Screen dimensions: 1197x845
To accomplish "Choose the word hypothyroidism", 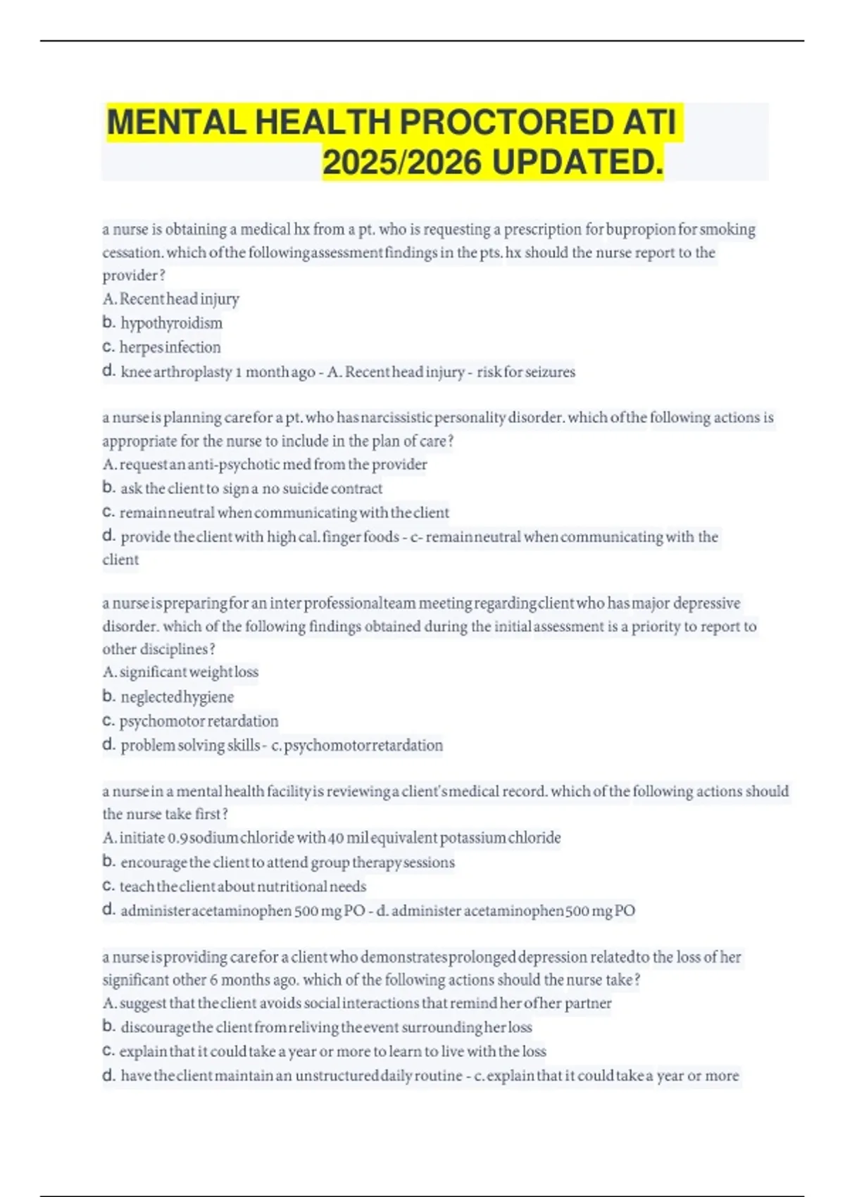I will (171, 323).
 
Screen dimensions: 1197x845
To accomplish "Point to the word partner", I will (587, 1003).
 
